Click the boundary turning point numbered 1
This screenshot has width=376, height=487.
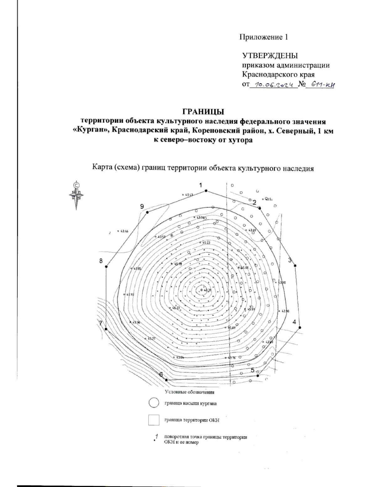click(206, 191)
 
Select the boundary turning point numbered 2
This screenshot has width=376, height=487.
click(259, 208)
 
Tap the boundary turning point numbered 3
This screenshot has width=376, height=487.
click(295, 266)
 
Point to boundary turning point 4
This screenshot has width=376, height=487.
click(300, 327)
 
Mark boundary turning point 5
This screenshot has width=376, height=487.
click(258, 375)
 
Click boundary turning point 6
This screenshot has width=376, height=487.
click(166, 380)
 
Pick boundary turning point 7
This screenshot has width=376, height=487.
click(106, 329)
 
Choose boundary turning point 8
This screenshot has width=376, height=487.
click(106, 267)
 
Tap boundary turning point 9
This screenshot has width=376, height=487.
click(147, 212)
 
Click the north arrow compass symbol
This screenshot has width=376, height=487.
click(76, 195)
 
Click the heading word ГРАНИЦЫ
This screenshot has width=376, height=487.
click(203, 112)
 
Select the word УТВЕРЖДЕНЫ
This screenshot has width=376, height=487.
click(270, 56)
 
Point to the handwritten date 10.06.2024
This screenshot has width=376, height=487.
click(274, 85)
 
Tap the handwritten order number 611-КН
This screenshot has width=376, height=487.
click(320, 85)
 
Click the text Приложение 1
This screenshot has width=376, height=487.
click(264, 37)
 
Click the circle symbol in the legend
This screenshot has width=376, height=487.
click(154, 403)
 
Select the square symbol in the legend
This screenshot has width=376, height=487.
click(154, 420)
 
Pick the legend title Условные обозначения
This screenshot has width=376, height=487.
click(190, 392)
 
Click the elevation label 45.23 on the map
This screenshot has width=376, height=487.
click(206, 243)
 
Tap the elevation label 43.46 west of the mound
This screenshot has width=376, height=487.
click(124, 231)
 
